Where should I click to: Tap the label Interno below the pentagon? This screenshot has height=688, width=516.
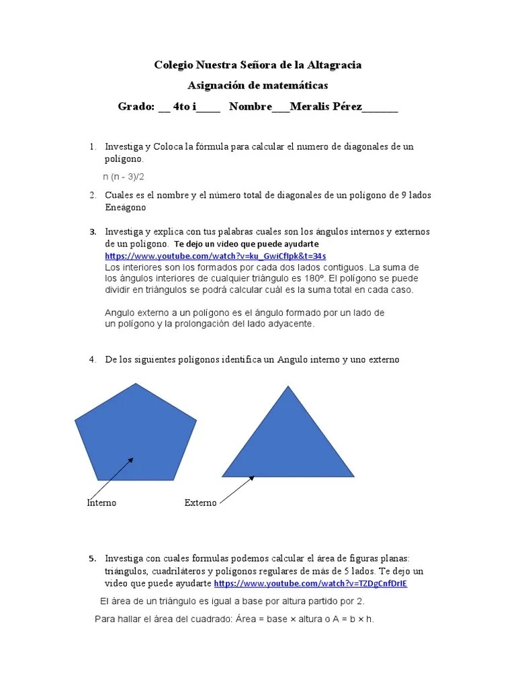[x=101, y=503]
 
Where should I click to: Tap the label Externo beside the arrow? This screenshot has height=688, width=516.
[x=200, y=503]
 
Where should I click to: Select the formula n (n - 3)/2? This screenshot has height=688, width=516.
[x=124, y=177]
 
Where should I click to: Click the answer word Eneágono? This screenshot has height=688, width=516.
[x=126, y=208]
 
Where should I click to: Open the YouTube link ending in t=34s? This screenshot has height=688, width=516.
[x=216, y=256]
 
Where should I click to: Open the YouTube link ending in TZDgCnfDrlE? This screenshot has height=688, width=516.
[x=310, y=583]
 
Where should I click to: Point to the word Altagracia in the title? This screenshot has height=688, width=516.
[x=334, y=65]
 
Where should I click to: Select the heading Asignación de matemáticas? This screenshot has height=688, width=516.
[x=258, y=86]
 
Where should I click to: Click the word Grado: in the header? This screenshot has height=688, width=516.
[x=136, y=107]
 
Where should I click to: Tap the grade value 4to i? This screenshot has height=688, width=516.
[x=184, y=107]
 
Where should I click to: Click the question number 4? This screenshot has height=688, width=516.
[x=92, y=359]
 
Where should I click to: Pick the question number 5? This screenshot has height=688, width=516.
[x=93, y=558]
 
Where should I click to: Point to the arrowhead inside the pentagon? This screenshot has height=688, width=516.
[x=132, y=460]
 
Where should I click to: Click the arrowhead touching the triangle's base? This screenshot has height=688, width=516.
[x=253, y=478]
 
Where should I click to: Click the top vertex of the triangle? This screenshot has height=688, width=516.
[x=289, y=386]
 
